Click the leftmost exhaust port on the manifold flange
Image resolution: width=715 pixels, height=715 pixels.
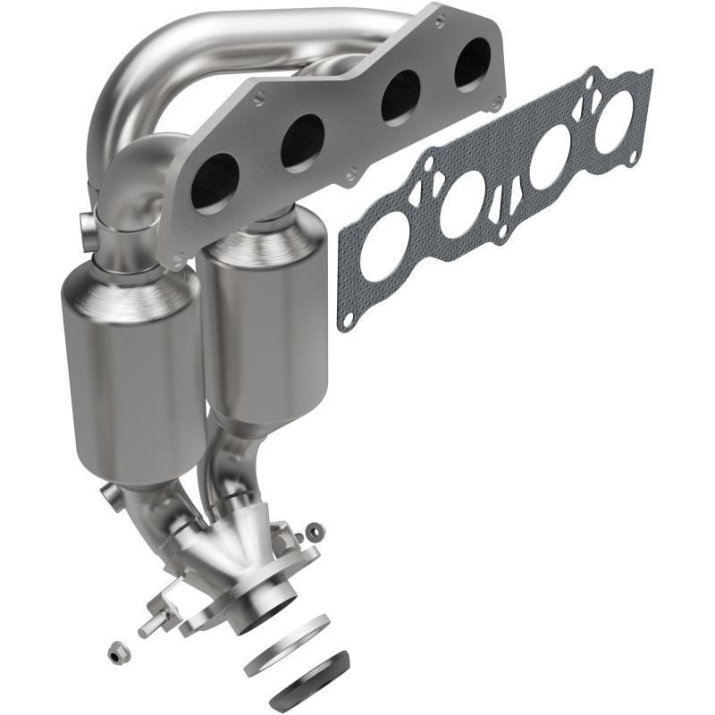pos(216,171)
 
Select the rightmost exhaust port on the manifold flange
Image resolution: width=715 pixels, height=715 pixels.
pos(472,66)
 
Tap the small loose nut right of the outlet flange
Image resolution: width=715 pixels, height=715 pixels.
pos(313,532)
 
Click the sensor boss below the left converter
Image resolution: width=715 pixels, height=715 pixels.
pos(111,492)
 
